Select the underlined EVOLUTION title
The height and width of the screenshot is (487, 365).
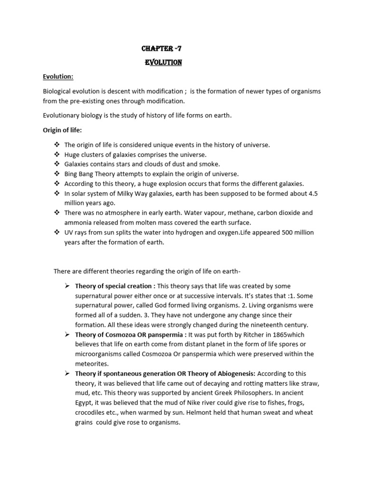tap(163, 62)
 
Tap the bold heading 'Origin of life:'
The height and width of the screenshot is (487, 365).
tap(62, 130)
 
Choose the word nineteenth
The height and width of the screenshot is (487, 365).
tap(253, 325)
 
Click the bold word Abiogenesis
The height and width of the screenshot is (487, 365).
tap(233, 374)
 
